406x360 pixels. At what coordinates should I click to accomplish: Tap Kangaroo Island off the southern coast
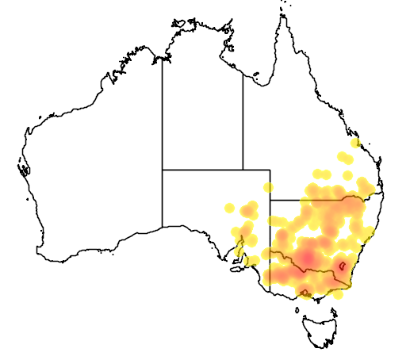pos(236,269)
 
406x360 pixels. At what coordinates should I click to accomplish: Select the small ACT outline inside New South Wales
pos(342,266)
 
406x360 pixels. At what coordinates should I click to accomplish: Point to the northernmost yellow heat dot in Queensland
pos(355,144)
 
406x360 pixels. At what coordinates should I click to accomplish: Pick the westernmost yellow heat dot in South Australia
pos(230,209)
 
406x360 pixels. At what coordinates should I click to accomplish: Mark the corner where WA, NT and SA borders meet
pos(163,170)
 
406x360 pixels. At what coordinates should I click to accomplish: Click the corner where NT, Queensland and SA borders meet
pos(243,170)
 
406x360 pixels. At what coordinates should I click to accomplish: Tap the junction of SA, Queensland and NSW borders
pos(270,201)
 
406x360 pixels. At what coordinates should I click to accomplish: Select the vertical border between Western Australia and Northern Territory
pos(163,111)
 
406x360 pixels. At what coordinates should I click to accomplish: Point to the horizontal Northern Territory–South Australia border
pos(202,170)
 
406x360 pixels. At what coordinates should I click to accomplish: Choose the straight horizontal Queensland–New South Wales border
pos(317,201)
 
